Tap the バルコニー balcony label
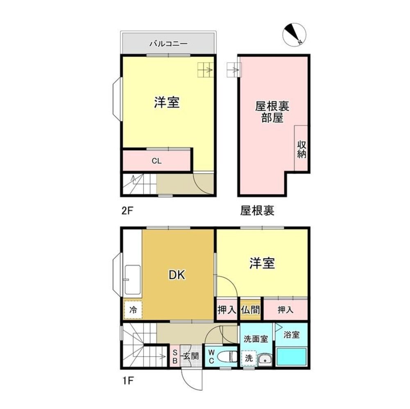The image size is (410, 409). pyautogui.click(x=168, y=43)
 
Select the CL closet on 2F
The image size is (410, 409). pyautogui.click(x=156, y=161)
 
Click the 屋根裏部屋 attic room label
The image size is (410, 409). pyautogui.click(x=272, y=112)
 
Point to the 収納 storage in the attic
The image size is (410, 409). pyautogui.click(x=302, y=149)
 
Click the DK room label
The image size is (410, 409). pyautogui.click(x=177, y=275)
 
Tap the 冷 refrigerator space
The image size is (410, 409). pyautogui.click(x=133, y=310)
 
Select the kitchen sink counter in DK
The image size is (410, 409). pyautogui.click(x=132, y=279)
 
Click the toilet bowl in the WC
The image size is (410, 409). pyautogui.click(x=228, y=357)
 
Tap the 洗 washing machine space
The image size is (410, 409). pyautogui.click(x=249, y=357)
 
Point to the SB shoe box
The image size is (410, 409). pyautogui.click(x=174, y=357)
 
